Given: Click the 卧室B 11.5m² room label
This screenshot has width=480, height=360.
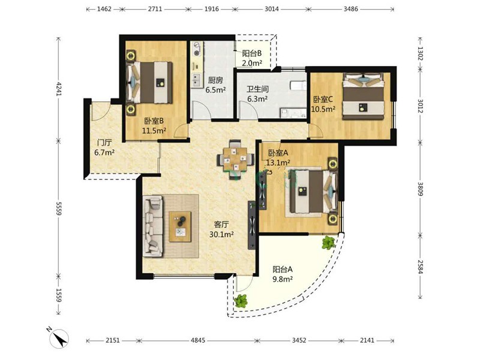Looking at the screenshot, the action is coord(154,126).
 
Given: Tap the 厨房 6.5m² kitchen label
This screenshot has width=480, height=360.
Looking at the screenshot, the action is coord(215,85).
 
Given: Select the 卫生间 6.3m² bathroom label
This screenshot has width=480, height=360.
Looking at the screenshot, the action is coord(258,94).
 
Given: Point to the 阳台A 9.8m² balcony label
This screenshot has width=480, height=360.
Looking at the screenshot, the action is coord(283,274).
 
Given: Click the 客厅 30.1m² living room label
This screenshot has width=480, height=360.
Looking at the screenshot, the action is coord(221,229).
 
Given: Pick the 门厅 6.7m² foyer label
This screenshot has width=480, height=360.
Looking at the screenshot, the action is coord(104,147).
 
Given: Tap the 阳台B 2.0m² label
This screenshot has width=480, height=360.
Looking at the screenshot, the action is coord(252,58).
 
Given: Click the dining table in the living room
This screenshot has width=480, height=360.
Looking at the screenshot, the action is coord(235,159).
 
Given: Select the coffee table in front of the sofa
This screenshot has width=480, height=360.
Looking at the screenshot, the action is coord(181,227).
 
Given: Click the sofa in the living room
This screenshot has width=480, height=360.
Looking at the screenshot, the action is coord(153,226).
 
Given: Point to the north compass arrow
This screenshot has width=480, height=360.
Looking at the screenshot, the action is coord(59,338).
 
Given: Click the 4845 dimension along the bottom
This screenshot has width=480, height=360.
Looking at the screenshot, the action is coord(198,340).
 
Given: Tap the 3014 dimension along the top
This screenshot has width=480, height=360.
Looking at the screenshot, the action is coord(272,9).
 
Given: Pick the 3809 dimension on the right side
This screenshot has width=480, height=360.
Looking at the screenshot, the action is coord(421,188).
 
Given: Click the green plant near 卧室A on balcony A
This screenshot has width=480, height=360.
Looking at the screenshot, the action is coord(328,242).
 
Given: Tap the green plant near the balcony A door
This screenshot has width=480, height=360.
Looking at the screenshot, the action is coord(241,301).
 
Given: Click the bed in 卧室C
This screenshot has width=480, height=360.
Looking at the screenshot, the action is coord(364,96).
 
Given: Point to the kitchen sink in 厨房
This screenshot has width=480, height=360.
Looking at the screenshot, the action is coord(196,80).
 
